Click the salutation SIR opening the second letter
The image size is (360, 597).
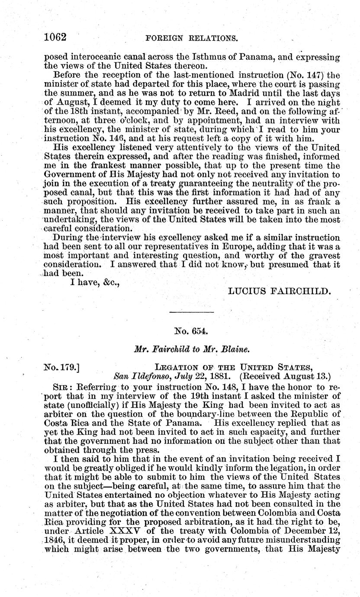61,386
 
